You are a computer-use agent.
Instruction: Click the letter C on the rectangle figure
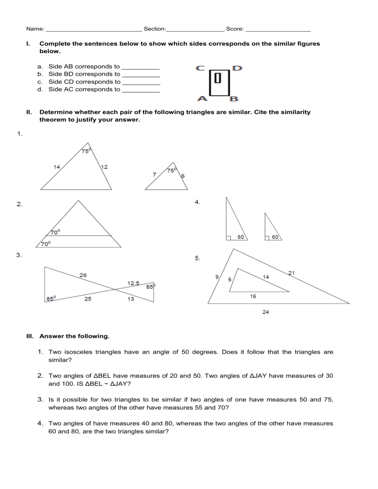coord(200,69)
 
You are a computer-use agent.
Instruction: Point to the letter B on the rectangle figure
coord(234,98)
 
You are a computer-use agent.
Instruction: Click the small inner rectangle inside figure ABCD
coord(218,78)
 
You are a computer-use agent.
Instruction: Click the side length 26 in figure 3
coord(84,275)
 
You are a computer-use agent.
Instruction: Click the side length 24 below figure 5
coord(265,312)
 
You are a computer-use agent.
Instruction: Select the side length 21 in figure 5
coord(291,273)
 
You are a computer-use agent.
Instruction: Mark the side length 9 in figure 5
coord(217,277)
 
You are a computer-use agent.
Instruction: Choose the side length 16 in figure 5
coord(252,296)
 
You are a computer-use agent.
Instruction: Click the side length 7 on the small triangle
coord(155,174)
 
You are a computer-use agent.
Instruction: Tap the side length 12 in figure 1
coord(104,167)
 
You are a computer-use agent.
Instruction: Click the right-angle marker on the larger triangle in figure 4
coord(229,238)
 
